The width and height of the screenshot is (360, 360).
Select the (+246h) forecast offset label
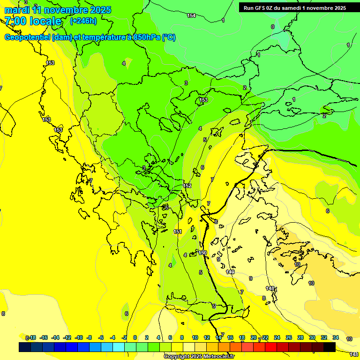[83, 21]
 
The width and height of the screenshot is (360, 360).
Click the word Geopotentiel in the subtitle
[28, 38]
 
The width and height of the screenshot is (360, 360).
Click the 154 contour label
[191, 15]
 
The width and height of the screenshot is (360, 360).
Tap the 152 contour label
[187, 186]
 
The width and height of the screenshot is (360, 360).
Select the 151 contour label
[178, 232]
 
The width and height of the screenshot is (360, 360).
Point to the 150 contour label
[202, 253]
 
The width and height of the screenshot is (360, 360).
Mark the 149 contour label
[230, 272]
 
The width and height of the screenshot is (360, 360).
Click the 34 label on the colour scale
[336, 337]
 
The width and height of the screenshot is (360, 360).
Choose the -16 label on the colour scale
[44, 337]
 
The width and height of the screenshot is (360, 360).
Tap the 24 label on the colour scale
[277, 337]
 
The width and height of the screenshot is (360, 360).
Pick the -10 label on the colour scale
[79, 337]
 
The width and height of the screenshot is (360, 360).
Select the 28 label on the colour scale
[300, 337]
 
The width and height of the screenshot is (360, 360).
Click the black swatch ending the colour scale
[330, 347]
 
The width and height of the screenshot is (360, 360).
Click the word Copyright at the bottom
[177, 356]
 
